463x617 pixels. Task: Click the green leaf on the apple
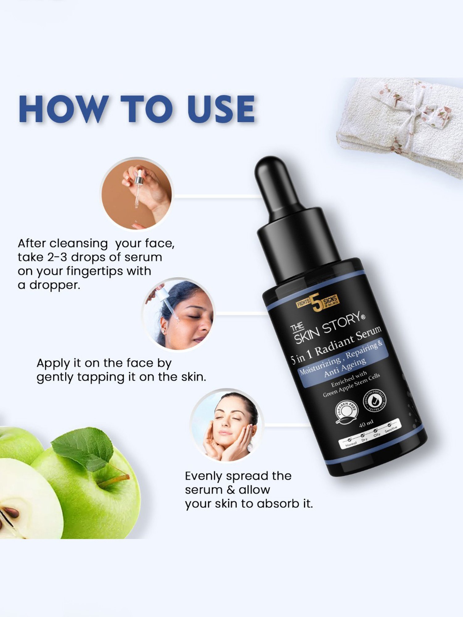[x=83, y=447]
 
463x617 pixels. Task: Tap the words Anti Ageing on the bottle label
[x=345, y=368]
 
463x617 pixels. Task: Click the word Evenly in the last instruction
[x=204, y=476]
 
